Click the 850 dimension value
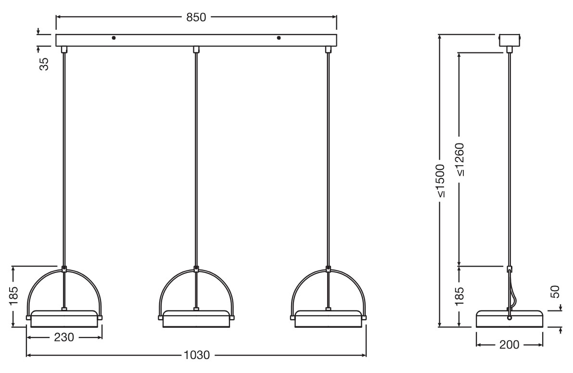196,17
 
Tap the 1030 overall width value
197,355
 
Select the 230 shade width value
64,337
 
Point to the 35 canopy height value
44,64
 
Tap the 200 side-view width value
509,345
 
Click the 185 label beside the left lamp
13,296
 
